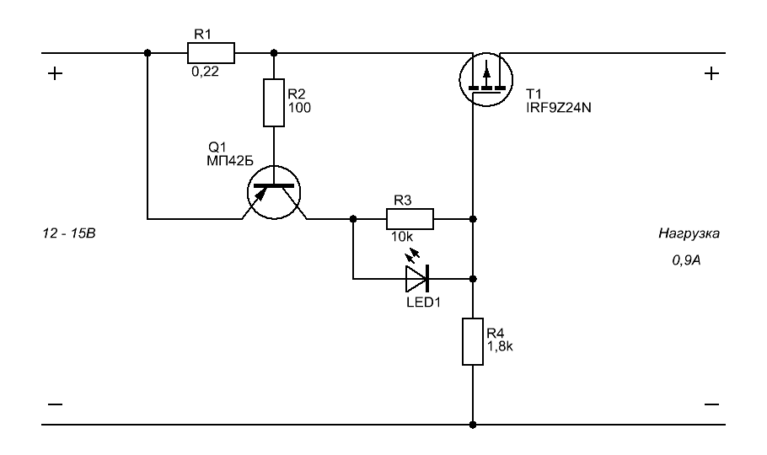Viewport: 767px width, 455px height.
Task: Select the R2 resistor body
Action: tap(274, 103)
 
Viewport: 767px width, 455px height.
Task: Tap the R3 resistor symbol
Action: tap(410, 219)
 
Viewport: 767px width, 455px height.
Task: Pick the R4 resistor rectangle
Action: tap(473, 341)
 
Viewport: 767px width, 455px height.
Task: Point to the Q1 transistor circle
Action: tap(274, 192)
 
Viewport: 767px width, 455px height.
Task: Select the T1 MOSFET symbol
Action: tap(485, 80)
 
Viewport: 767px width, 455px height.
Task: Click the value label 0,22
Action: tap(205, 72)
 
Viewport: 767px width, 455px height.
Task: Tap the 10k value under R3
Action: tap(401, 237)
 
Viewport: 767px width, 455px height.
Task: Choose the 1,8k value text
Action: tap(500, 346)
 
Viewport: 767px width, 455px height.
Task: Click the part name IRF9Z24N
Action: tap(559, 108)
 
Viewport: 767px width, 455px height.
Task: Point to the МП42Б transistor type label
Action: tap(230, 160)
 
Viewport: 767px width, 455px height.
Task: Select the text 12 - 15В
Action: tap(69, 233)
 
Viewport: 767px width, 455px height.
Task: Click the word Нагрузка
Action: tap(689, 233)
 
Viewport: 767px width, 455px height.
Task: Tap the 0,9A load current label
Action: tap(686, 260)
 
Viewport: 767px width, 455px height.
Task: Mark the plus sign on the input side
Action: tap(56, 73)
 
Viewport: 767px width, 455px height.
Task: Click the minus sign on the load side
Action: tap(711, 404)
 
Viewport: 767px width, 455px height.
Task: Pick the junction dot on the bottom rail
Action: tap(473, 425)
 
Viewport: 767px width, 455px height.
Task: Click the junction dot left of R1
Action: tap(147, 53)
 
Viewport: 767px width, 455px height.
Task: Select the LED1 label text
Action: tap(424, 302)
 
